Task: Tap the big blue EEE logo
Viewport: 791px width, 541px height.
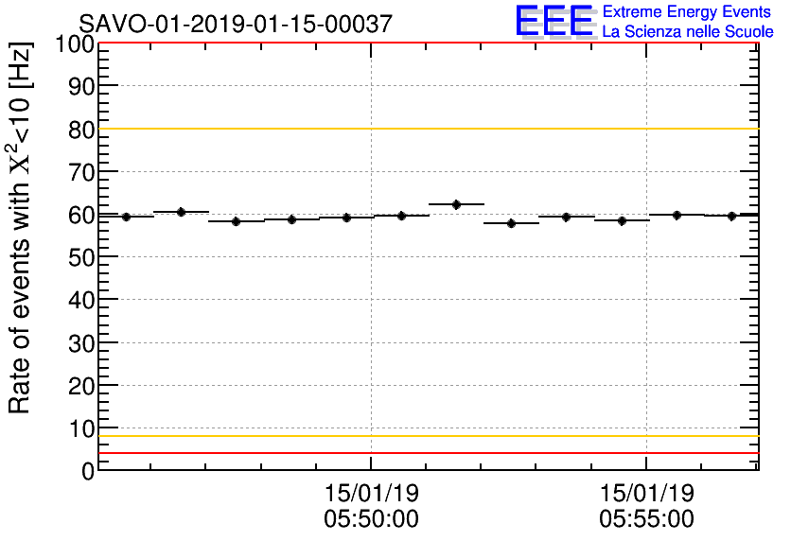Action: [x=555, y=21]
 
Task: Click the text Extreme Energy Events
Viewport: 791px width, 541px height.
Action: [x=687, y=12]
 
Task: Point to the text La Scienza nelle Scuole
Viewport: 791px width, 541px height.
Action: [x=687, y=32]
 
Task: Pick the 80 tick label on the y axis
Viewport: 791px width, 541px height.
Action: [x=80, y=130]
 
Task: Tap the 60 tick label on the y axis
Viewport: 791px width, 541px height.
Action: [x=80, y=215]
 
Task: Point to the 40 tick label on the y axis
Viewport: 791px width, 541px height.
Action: [x=80, y=301]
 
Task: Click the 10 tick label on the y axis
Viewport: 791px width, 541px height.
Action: [x=80, y=428]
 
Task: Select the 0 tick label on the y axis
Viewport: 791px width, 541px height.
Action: [x=87, y=471]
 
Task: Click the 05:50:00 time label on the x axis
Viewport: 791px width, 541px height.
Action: [x=371, y=518]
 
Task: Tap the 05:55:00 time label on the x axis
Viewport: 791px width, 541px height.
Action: [x=646, y=518]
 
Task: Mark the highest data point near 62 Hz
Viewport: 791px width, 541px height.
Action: [x=457, y=204]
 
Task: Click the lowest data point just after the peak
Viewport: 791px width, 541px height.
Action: [x=512, y=223]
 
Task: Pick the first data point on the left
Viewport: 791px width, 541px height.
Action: [x=126, y=217]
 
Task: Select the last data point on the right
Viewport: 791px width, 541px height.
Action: [x=732, y=216]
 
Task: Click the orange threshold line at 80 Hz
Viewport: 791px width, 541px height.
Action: [x=426, y=129]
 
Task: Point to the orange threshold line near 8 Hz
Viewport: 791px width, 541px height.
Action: [x=426, y=436]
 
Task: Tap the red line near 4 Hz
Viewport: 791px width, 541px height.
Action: [x=426, y=453]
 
